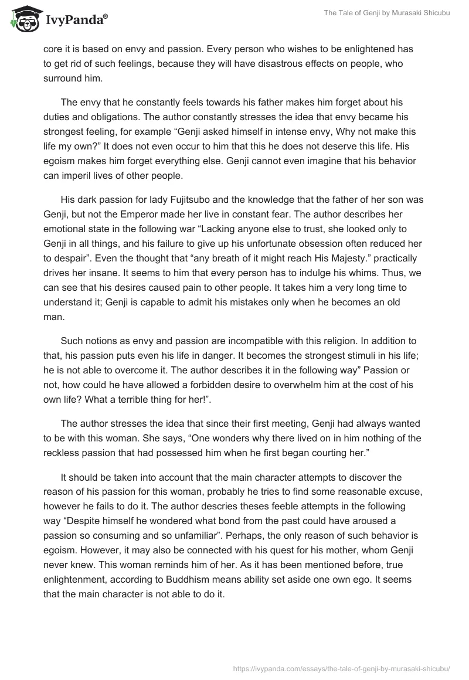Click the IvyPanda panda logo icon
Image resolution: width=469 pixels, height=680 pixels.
[x=23, y=19]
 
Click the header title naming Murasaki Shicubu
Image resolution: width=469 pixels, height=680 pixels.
[x=387, y=13]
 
